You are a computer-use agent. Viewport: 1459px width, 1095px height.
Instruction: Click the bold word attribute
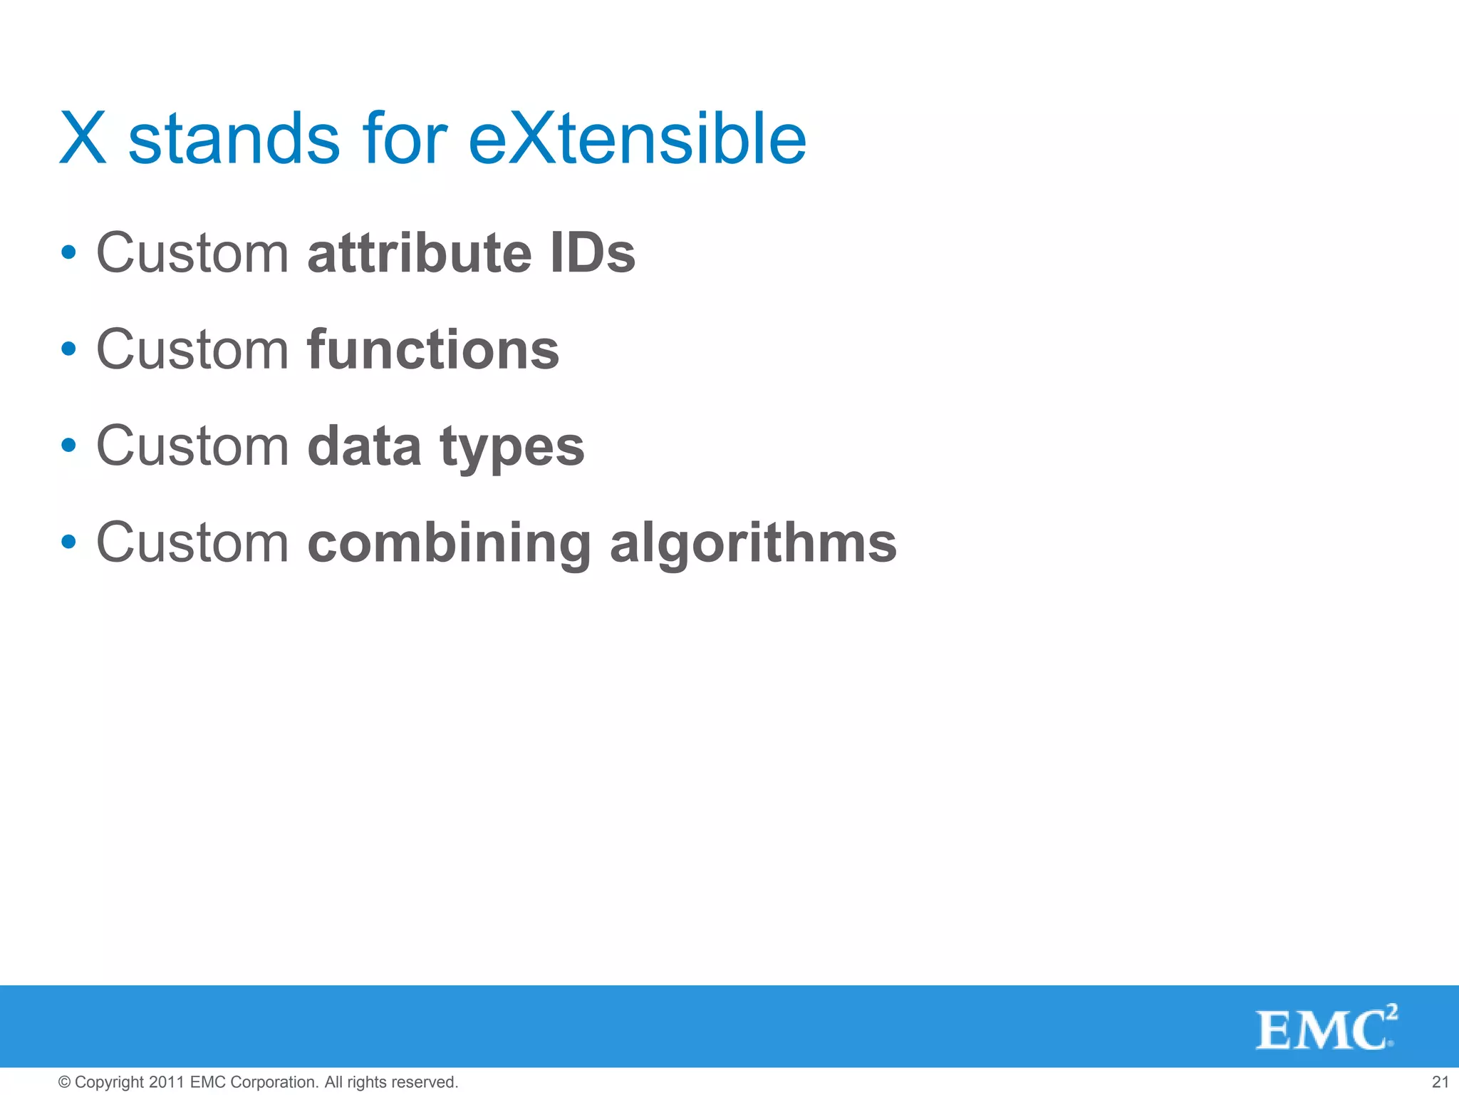click(420, 253)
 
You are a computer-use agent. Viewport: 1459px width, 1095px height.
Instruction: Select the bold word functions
click(433, 349)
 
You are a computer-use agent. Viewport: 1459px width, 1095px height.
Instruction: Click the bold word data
click(364, 447)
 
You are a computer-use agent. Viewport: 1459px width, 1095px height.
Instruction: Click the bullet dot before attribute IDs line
click(68, 252)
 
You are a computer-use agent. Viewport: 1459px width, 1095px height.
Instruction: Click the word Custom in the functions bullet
click(192, 349)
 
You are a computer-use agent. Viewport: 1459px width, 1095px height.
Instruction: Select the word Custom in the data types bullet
click(192, 446)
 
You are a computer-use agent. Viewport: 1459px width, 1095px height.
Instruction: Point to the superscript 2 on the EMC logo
click(1391, 1012)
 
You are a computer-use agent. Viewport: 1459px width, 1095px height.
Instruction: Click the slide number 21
click(1440, 1082)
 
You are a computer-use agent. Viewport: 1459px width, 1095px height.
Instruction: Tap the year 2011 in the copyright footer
click(167, 1082)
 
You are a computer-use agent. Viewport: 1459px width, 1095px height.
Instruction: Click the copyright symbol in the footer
click(64, 1082)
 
